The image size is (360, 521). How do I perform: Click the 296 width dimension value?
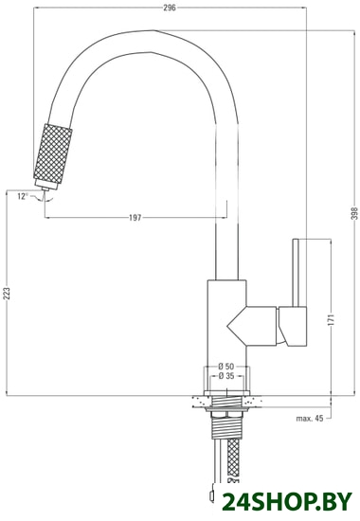tap(170, 8)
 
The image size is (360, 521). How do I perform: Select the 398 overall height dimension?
tap(355, 213)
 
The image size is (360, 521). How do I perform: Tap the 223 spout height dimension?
tap(8, 294)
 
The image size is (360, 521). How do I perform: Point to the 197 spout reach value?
tap(135, 218)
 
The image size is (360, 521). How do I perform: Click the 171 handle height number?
tap(331, 319)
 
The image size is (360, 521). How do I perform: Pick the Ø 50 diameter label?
tap(226, 367)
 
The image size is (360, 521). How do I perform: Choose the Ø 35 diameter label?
tap(226, 376)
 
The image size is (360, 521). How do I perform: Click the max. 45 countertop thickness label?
tap(310, 419)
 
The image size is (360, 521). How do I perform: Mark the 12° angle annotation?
tap(23, 196)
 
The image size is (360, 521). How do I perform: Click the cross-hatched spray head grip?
tap(53, 153)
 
